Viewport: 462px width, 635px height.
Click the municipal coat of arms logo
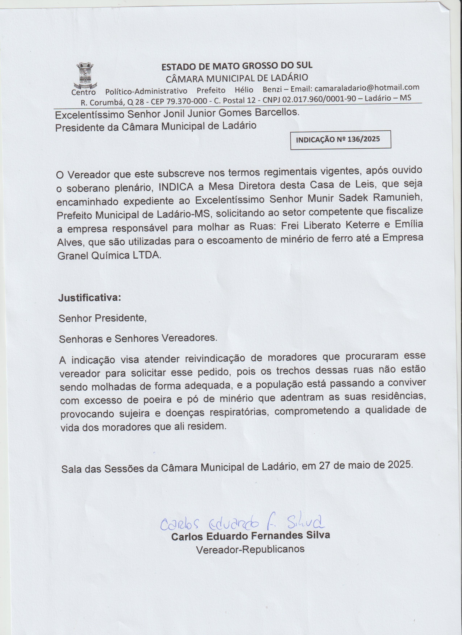(85, 75)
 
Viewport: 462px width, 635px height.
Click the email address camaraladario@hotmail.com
(367, 88)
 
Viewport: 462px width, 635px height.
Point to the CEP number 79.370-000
(187, 101)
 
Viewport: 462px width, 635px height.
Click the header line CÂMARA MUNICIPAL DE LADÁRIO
(237, 78)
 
